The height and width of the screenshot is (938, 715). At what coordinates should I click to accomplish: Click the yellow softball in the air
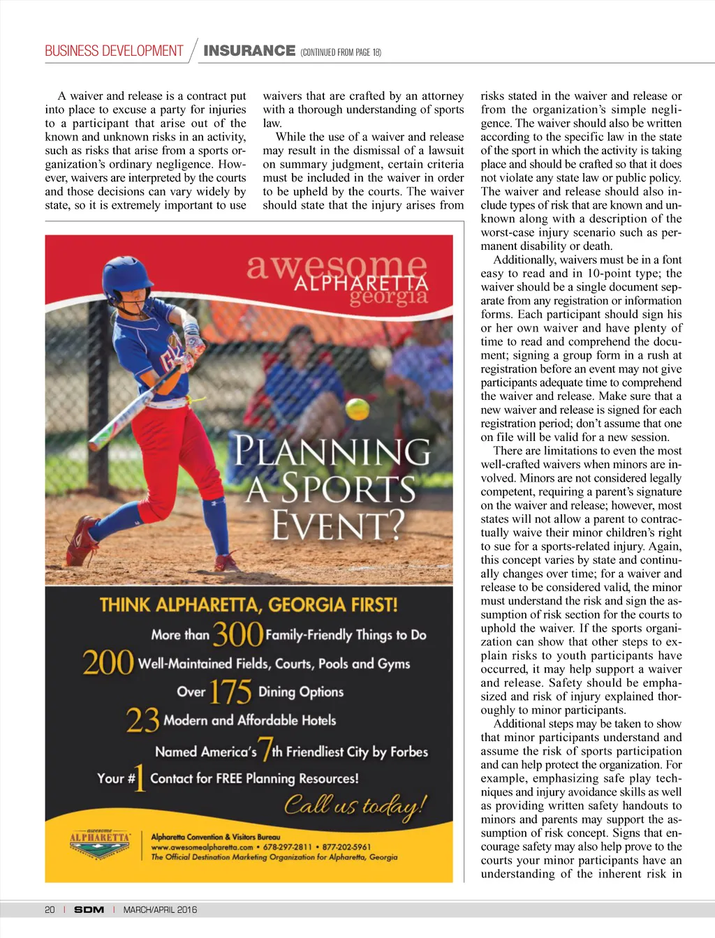[357, 408]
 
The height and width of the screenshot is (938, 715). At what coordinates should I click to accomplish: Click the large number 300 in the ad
[237, 634]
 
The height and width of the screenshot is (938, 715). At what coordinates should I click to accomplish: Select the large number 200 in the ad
[108, 662]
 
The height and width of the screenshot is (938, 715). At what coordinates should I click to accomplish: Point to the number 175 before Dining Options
[230, 692]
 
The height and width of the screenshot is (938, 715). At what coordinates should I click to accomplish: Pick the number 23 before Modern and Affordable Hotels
[142, 720]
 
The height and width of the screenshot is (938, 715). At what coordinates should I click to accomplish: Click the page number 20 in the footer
[50, 909]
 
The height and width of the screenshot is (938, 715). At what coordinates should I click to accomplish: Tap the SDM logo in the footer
[89, 909]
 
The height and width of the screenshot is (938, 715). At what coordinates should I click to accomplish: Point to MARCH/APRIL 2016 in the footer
[160, 909]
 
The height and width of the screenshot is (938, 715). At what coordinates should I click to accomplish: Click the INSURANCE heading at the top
[249, 51]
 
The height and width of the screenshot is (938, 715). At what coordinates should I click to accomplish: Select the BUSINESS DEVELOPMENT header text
[114, 51]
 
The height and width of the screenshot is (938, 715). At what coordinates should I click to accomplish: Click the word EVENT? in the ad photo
[338, 525]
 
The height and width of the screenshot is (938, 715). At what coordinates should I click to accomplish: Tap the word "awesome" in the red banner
[336, 266]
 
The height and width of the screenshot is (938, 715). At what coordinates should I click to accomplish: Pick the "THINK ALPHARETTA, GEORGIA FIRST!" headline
[248, 604]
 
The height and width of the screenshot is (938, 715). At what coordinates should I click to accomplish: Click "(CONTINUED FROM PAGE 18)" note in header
[341, 52]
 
